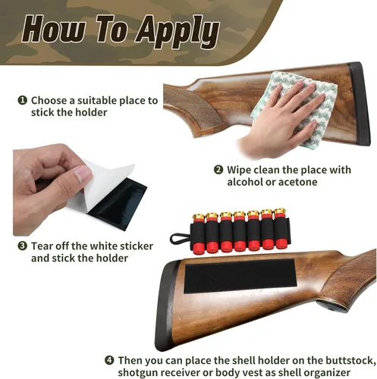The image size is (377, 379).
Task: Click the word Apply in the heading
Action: pos(178,31)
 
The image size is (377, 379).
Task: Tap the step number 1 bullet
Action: pos(22,100)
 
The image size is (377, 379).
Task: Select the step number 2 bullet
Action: pos(218,170)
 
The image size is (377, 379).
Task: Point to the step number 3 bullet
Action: pos(23,246)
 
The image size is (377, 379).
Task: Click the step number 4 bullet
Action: pos(109,360)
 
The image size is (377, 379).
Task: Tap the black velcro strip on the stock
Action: pos(240,276)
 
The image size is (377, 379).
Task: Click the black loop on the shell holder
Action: pos(179,239)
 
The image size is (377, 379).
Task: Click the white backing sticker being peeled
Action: pos(101,188)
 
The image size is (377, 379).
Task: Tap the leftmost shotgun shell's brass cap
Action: pos(199,218)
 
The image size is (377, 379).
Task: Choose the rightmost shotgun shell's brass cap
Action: pos(280,212)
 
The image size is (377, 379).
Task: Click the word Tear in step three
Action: pos(42,246)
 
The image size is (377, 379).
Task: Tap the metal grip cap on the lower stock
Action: pos(332,305)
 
